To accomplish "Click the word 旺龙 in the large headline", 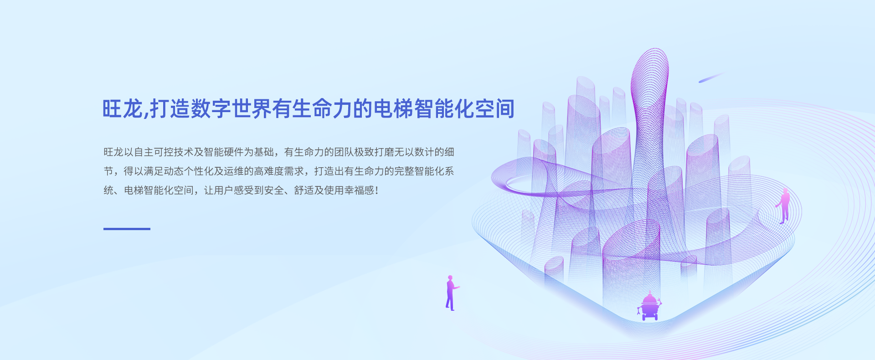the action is pyautogui.click(x=123, y=109).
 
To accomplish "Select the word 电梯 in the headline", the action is pyautogui.click(x=393, y=109).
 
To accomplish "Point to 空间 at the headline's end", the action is pyautogui.click(x=494, y=109).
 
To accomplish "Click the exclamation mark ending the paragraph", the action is pyautogui.click(x=377, y=190).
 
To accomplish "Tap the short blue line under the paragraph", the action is pyautogui.click(x=127, y=229).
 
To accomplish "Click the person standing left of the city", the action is pyautogui.click(x=451, y=293).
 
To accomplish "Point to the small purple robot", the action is pyautogui.click(x=649, y=306).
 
